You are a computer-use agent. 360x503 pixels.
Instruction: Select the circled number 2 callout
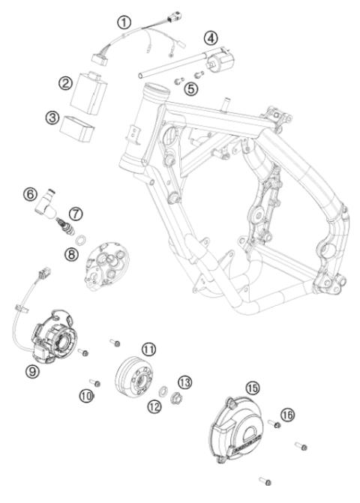coord(67,82)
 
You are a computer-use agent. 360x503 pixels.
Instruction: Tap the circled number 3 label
coord(52,117)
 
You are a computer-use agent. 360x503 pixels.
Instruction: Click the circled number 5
coord(193,88)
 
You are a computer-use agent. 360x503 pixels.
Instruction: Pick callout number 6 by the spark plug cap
coord(30,193)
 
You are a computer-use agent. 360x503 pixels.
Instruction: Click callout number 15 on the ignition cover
coord(253,387)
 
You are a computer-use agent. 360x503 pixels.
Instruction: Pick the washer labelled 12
coord(163,390)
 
